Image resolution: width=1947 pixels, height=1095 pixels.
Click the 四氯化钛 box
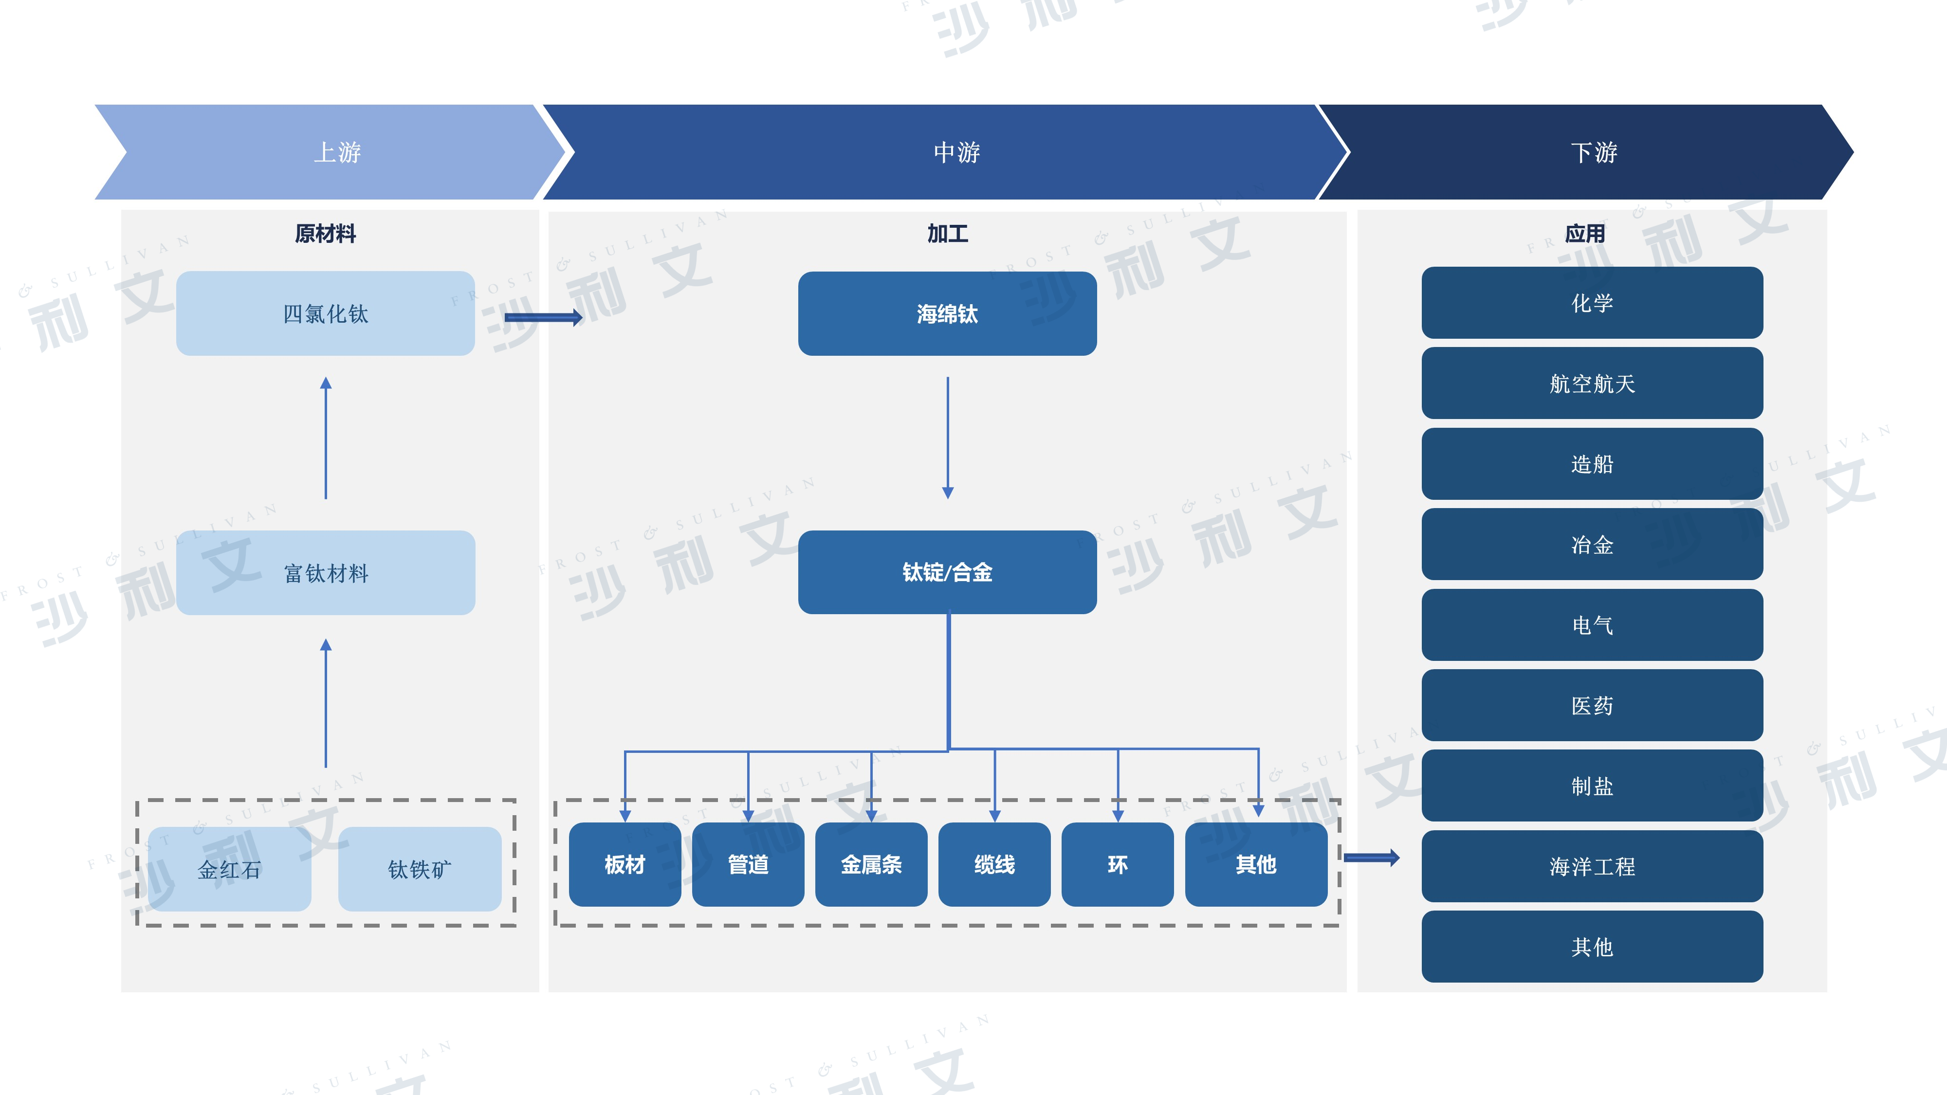click(325, 313)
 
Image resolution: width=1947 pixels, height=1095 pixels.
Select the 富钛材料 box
click(325, 573)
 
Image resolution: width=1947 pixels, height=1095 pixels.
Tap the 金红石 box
click(229, 869)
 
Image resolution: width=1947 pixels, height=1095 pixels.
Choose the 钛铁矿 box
click(420, 869)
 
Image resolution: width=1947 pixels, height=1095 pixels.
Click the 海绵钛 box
click(947, 313)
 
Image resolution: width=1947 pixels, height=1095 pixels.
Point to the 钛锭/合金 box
click(947, 572)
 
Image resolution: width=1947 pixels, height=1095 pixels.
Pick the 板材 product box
click(625, 864)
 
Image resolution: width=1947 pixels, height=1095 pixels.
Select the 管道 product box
click(748, 864)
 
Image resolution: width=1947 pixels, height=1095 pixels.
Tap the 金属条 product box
click(871, 864)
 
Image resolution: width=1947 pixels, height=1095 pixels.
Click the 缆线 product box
click(994, 864)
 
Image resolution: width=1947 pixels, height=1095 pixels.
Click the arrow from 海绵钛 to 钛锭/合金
click(948, 438)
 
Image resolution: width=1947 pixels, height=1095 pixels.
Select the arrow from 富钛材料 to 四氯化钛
click(326, 438)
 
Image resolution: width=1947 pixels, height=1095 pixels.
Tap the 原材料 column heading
click(325, 234)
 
